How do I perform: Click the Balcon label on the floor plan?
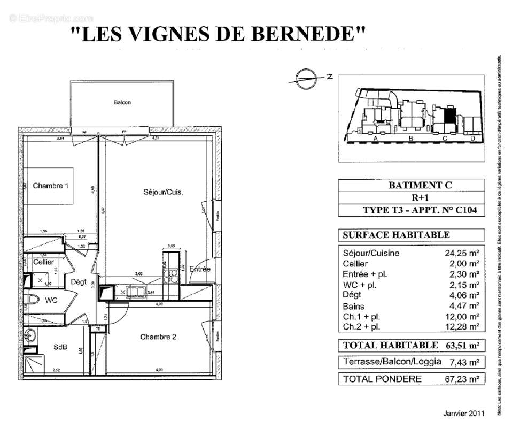click(x=122, y=102)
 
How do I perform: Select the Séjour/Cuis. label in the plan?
click(x=163, y=192)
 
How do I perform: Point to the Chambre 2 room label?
click(x=158, y=337)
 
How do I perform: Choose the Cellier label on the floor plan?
click(x=43, y=262)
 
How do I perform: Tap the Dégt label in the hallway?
click(x=79, y=281)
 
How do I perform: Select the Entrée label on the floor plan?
click(x=199, y=269)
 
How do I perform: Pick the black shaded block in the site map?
click(x=450, y=115)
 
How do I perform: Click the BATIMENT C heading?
click(x=412, y=185)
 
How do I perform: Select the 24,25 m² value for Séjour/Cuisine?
click(x=462, y=254)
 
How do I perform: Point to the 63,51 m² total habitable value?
click(x=462, y=346)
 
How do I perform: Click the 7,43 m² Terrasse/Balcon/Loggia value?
click(x=464, y=362)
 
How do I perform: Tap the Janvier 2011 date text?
click(x=464, y=414)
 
